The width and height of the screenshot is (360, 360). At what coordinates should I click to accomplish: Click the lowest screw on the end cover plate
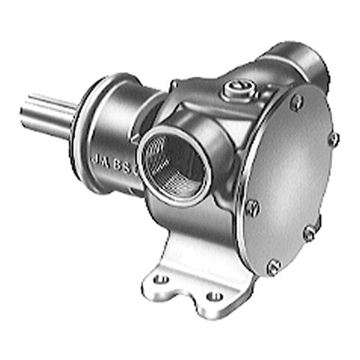tap(273, 265)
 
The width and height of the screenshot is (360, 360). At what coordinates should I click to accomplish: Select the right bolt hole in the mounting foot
tap(215, 294)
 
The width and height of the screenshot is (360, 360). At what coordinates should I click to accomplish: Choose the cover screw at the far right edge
tap(334, 139)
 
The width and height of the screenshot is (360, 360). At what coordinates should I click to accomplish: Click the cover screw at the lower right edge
tap(310, 233)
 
